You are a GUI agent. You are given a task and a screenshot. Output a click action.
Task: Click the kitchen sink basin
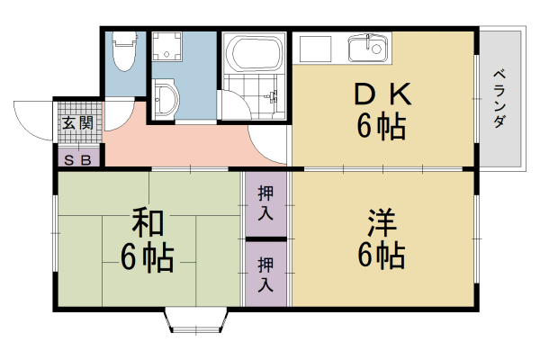(369, 47)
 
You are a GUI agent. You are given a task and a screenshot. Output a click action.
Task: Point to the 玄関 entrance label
(77, 123)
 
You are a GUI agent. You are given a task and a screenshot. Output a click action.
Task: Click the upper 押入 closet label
(266, 202)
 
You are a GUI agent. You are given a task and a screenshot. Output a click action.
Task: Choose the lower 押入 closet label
(266, 274)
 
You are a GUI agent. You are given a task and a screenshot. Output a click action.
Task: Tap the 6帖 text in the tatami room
(148, 258)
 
